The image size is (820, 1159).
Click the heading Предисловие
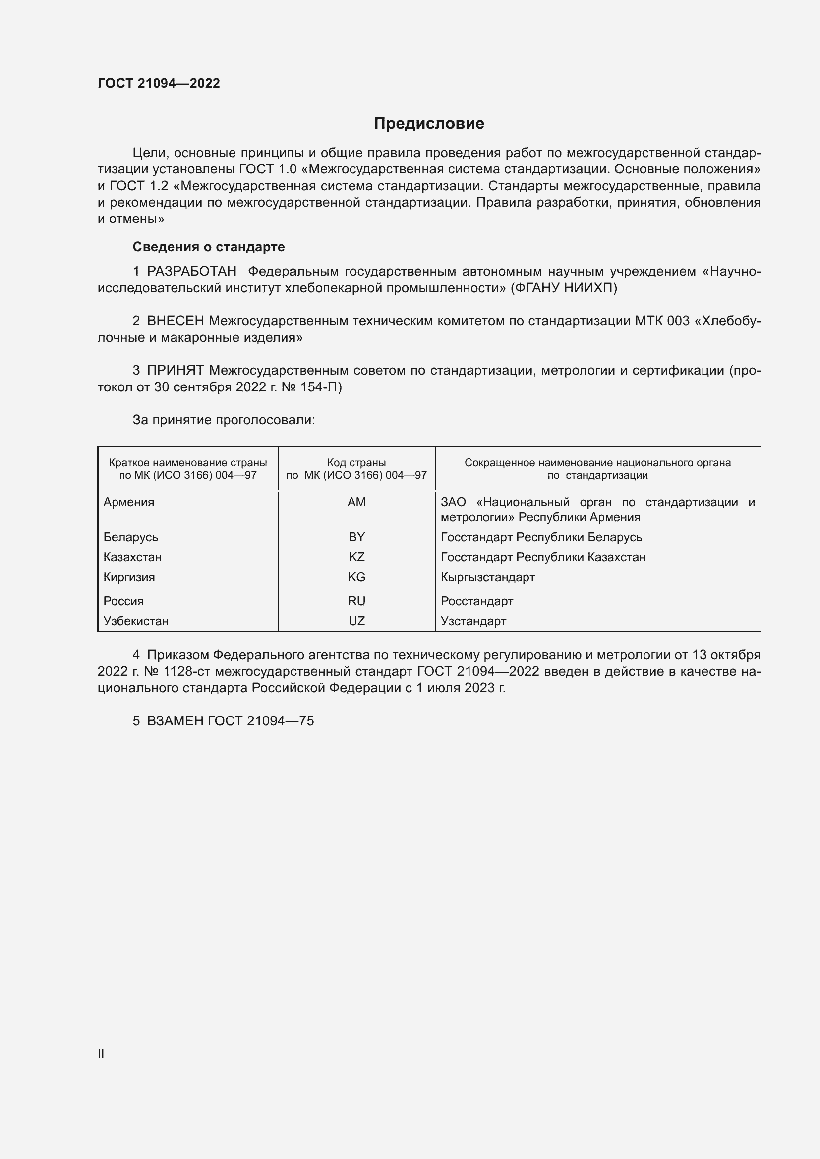[429, 124]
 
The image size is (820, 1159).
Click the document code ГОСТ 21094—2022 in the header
[159, 83]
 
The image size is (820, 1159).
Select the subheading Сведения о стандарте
[209, 247]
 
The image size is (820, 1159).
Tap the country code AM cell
[356, 502]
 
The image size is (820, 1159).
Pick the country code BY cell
[356, 537]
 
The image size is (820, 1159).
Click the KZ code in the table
[356, 557]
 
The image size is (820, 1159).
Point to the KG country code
[356, 577]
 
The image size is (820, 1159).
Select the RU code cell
[356, 601]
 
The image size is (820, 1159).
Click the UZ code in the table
[356, 621]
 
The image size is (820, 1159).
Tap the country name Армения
[129, 502]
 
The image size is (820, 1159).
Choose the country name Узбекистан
[136, 621]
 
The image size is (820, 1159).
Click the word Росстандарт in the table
[476, 601]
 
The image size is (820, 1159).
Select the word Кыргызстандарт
[487, 577]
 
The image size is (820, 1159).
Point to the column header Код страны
[356, 462]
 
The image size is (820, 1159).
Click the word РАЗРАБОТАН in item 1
[191, 272]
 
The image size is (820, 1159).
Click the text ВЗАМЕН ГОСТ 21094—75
[230, 721]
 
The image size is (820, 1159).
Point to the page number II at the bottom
[101, 1054]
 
